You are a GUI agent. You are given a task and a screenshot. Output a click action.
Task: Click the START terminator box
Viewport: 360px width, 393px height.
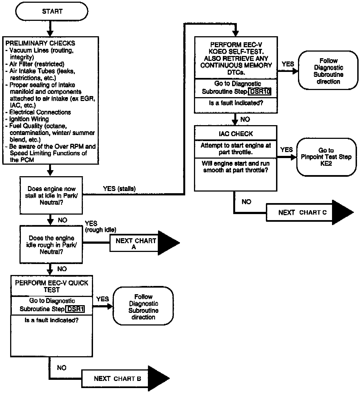(x=52, y=12)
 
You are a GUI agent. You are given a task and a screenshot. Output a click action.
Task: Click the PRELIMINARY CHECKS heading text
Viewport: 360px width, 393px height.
(x=40, y=43)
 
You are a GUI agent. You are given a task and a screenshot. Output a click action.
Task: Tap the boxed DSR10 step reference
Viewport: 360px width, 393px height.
(x=260, y=91)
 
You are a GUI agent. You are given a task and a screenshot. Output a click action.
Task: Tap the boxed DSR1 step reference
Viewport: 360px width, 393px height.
(x=75, y=309)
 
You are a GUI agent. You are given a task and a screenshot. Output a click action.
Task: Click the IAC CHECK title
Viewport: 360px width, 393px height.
(x=236, y=134)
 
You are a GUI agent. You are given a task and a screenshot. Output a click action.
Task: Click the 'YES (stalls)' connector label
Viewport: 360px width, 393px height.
(x=119, y=189)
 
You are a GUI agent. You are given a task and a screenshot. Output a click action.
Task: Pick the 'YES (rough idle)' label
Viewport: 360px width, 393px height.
(x=100, y=227)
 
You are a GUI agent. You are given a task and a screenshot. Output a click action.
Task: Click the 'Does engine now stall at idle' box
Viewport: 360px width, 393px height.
(x=51, y=195)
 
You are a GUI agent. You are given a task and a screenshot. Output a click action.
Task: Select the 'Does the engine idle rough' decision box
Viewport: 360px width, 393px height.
(x=51, y=245)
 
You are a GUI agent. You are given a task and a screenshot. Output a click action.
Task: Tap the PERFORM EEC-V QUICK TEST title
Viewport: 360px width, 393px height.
(x=52, y=286)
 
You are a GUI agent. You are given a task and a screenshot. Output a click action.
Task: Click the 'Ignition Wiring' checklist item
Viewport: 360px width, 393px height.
(x=29, y=119)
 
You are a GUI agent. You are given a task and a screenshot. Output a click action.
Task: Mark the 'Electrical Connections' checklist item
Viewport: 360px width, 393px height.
(x=40, y=112)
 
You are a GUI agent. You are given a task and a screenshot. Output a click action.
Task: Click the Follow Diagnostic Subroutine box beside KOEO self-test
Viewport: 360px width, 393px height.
(x=328, y=71)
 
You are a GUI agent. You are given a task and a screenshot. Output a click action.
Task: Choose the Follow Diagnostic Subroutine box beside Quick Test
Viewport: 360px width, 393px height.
(x=143, y=307)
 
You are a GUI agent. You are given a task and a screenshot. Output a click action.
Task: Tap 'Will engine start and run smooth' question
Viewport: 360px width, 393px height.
(x=235, y=167)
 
